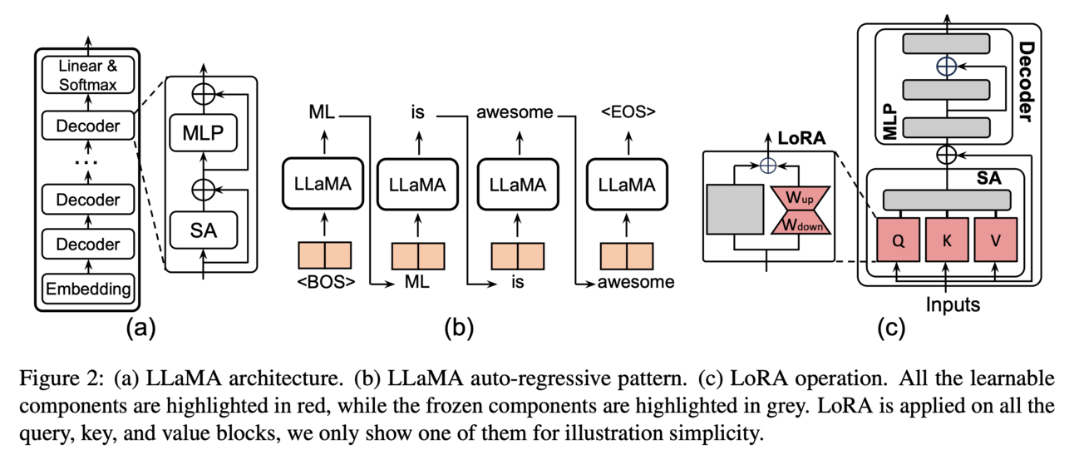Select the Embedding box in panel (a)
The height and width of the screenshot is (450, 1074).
[x=88, y=289]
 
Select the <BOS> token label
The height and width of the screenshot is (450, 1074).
[x=326, y=282]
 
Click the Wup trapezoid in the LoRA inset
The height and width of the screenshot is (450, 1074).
[x=799, y=200]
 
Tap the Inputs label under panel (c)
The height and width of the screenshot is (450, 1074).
[x=953, y=305]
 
